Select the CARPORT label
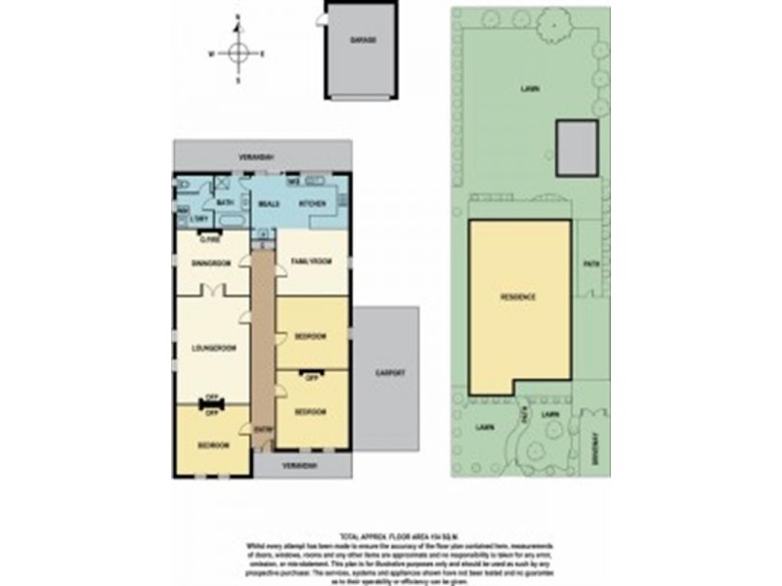coord(388,374)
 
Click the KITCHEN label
coord(311,203)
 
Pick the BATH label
coord(224,202)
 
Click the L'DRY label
coord(198,219)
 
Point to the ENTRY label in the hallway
coord(262,429)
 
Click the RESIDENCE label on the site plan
coord(518,297)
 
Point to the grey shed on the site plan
coord(577,148)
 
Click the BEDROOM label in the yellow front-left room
coord(213,444)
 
